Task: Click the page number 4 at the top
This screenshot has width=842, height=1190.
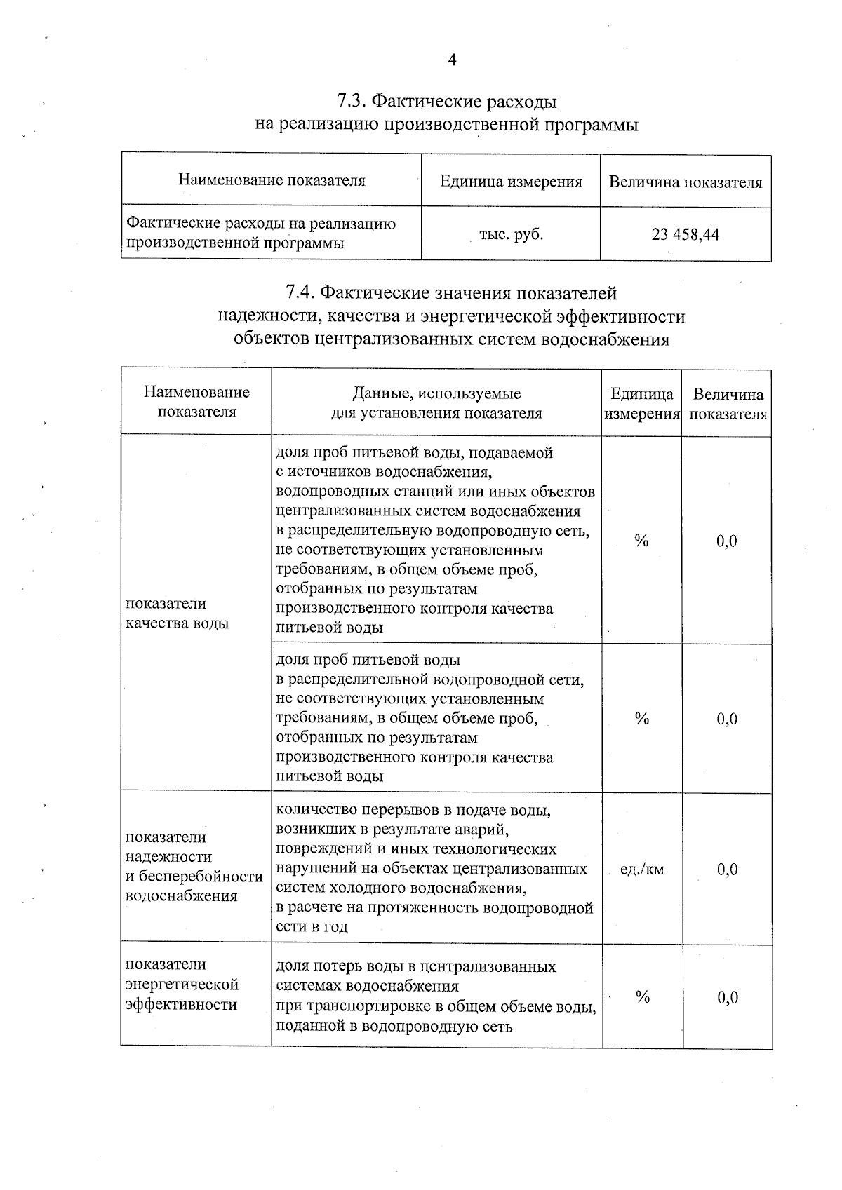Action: pos(452,60)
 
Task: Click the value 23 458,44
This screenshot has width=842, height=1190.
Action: pos(685,234)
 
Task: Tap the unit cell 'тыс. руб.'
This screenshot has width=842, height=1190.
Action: pos(511,234)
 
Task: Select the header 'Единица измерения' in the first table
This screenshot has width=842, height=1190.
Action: pos(511,182)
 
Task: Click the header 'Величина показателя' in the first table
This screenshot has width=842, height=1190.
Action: pos(685,182)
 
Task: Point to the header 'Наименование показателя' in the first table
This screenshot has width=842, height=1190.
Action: pos(272,180)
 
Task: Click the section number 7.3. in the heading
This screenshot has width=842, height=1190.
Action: pos(350,102)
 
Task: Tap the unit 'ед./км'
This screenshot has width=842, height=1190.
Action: pos(642,870)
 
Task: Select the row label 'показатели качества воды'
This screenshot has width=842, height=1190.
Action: pos(177,614)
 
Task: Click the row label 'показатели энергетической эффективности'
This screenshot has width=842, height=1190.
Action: pos(182,985)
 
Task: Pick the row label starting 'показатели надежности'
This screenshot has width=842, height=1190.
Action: pos(194,866)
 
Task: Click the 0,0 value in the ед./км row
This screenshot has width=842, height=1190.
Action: pos(727,870)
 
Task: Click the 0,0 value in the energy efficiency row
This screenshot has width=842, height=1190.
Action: pos(728,997)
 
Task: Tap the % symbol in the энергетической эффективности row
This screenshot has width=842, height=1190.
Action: pos(642,997)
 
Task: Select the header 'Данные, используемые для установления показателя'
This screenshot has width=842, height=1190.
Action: pos(436,403)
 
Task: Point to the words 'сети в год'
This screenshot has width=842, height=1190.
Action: pos(312,926)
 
